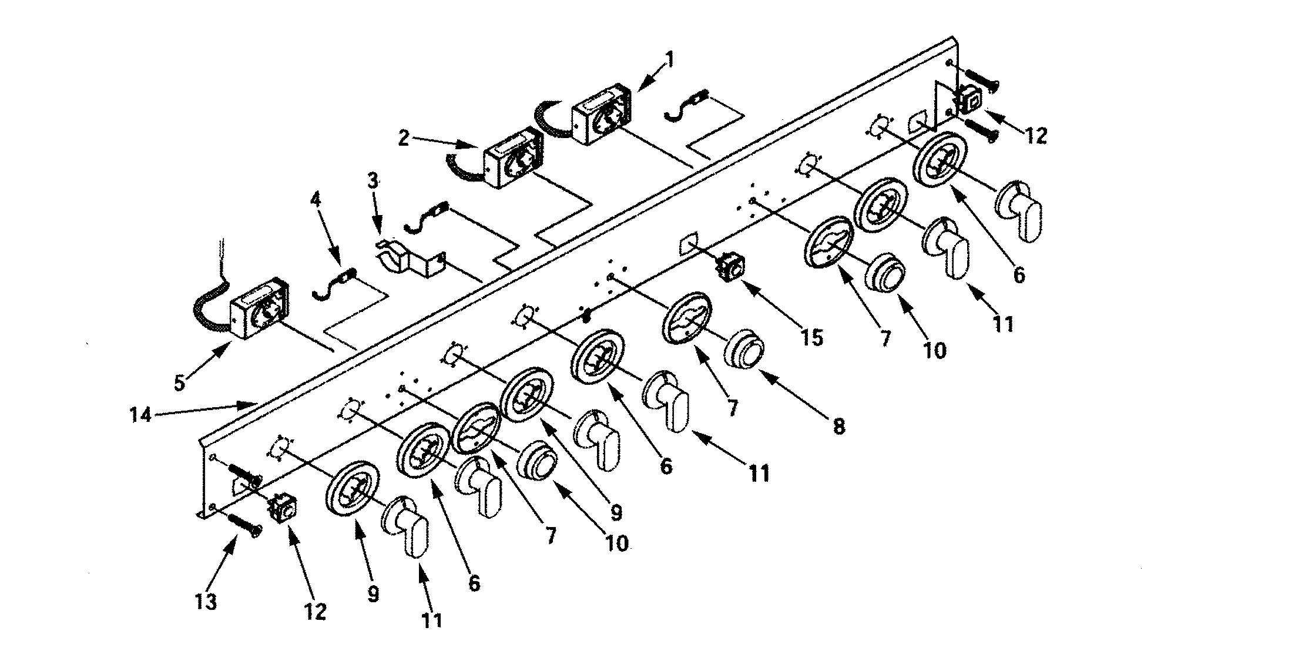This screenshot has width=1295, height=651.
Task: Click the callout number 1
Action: coord(670,59)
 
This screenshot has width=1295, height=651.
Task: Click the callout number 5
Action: coord(179,382)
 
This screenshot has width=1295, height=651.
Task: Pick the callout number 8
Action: coord(839,426)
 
